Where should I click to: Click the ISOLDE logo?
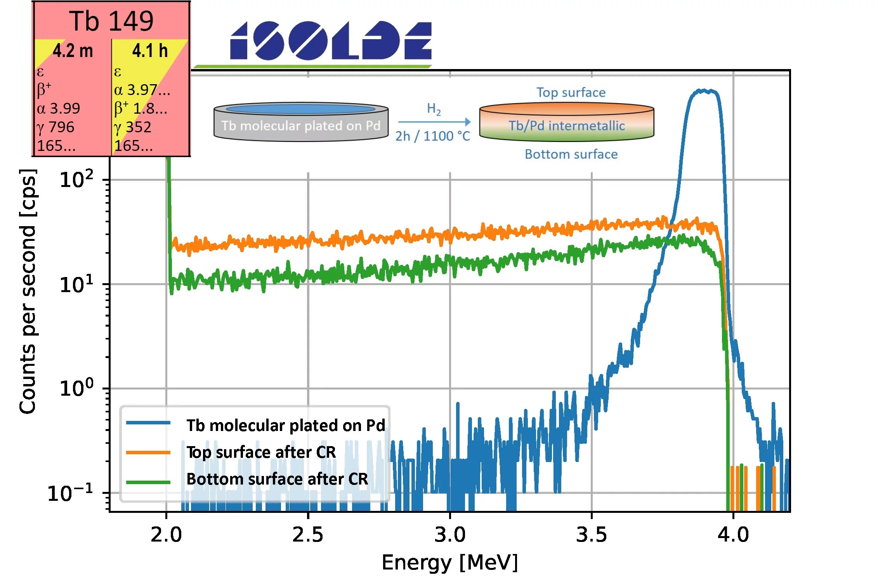pos(331,41)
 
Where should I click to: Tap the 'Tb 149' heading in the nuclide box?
pos(111,21)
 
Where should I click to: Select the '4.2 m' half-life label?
pos(73,51)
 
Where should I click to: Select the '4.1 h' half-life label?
pos(150,51)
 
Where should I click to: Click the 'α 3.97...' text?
pos(142,90)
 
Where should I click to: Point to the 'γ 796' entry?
pos(56,127)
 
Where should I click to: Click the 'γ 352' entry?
pos(133,127)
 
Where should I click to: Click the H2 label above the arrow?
pos(434,109)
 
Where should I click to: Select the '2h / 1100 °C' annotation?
pos(432,136)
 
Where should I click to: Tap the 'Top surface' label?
pos(571,92)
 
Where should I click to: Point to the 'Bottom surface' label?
pos(571,154)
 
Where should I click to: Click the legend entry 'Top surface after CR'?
pos(261,452)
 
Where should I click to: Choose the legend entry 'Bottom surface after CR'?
pos(277,479)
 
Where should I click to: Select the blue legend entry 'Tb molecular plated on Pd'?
pos(286,426)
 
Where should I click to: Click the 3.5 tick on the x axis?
pos(591,535)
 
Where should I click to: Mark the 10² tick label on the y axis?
pos(76,179)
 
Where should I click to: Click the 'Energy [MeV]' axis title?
pos(450,562)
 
